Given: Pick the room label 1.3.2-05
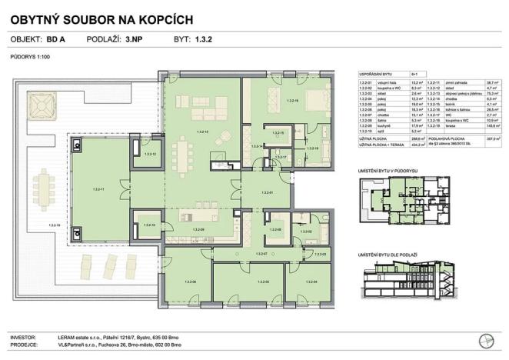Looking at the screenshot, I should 249,282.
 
